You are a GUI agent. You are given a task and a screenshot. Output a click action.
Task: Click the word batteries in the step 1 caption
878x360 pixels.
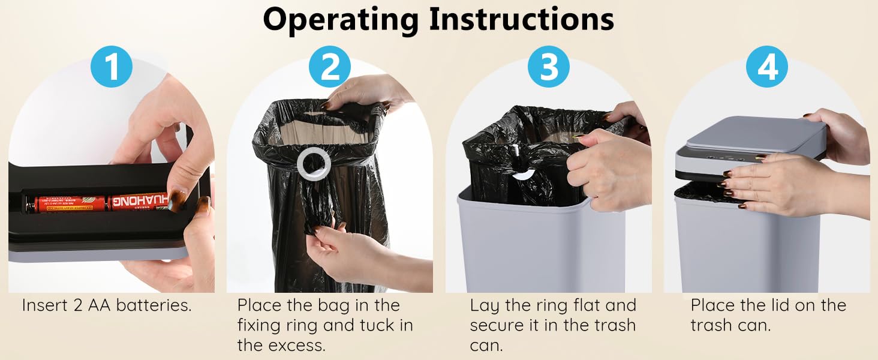[154, 305]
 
